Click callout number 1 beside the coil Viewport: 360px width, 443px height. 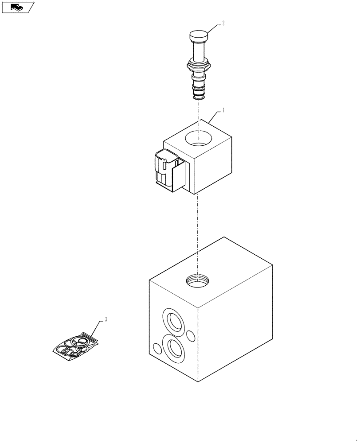click(223, 110)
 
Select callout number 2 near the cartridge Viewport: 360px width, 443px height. click(223, 23)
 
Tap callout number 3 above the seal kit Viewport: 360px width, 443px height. click(106, 319)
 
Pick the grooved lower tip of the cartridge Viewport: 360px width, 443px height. click(199, 92)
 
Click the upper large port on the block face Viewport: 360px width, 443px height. click(173, 320)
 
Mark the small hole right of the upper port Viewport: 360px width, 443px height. click(191, 335)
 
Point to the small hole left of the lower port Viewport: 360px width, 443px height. click(156, 348)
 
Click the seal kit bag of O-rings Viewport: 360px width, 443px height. click(75, 346)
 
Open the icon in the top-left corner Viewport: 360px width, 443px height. click(18, 7)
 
